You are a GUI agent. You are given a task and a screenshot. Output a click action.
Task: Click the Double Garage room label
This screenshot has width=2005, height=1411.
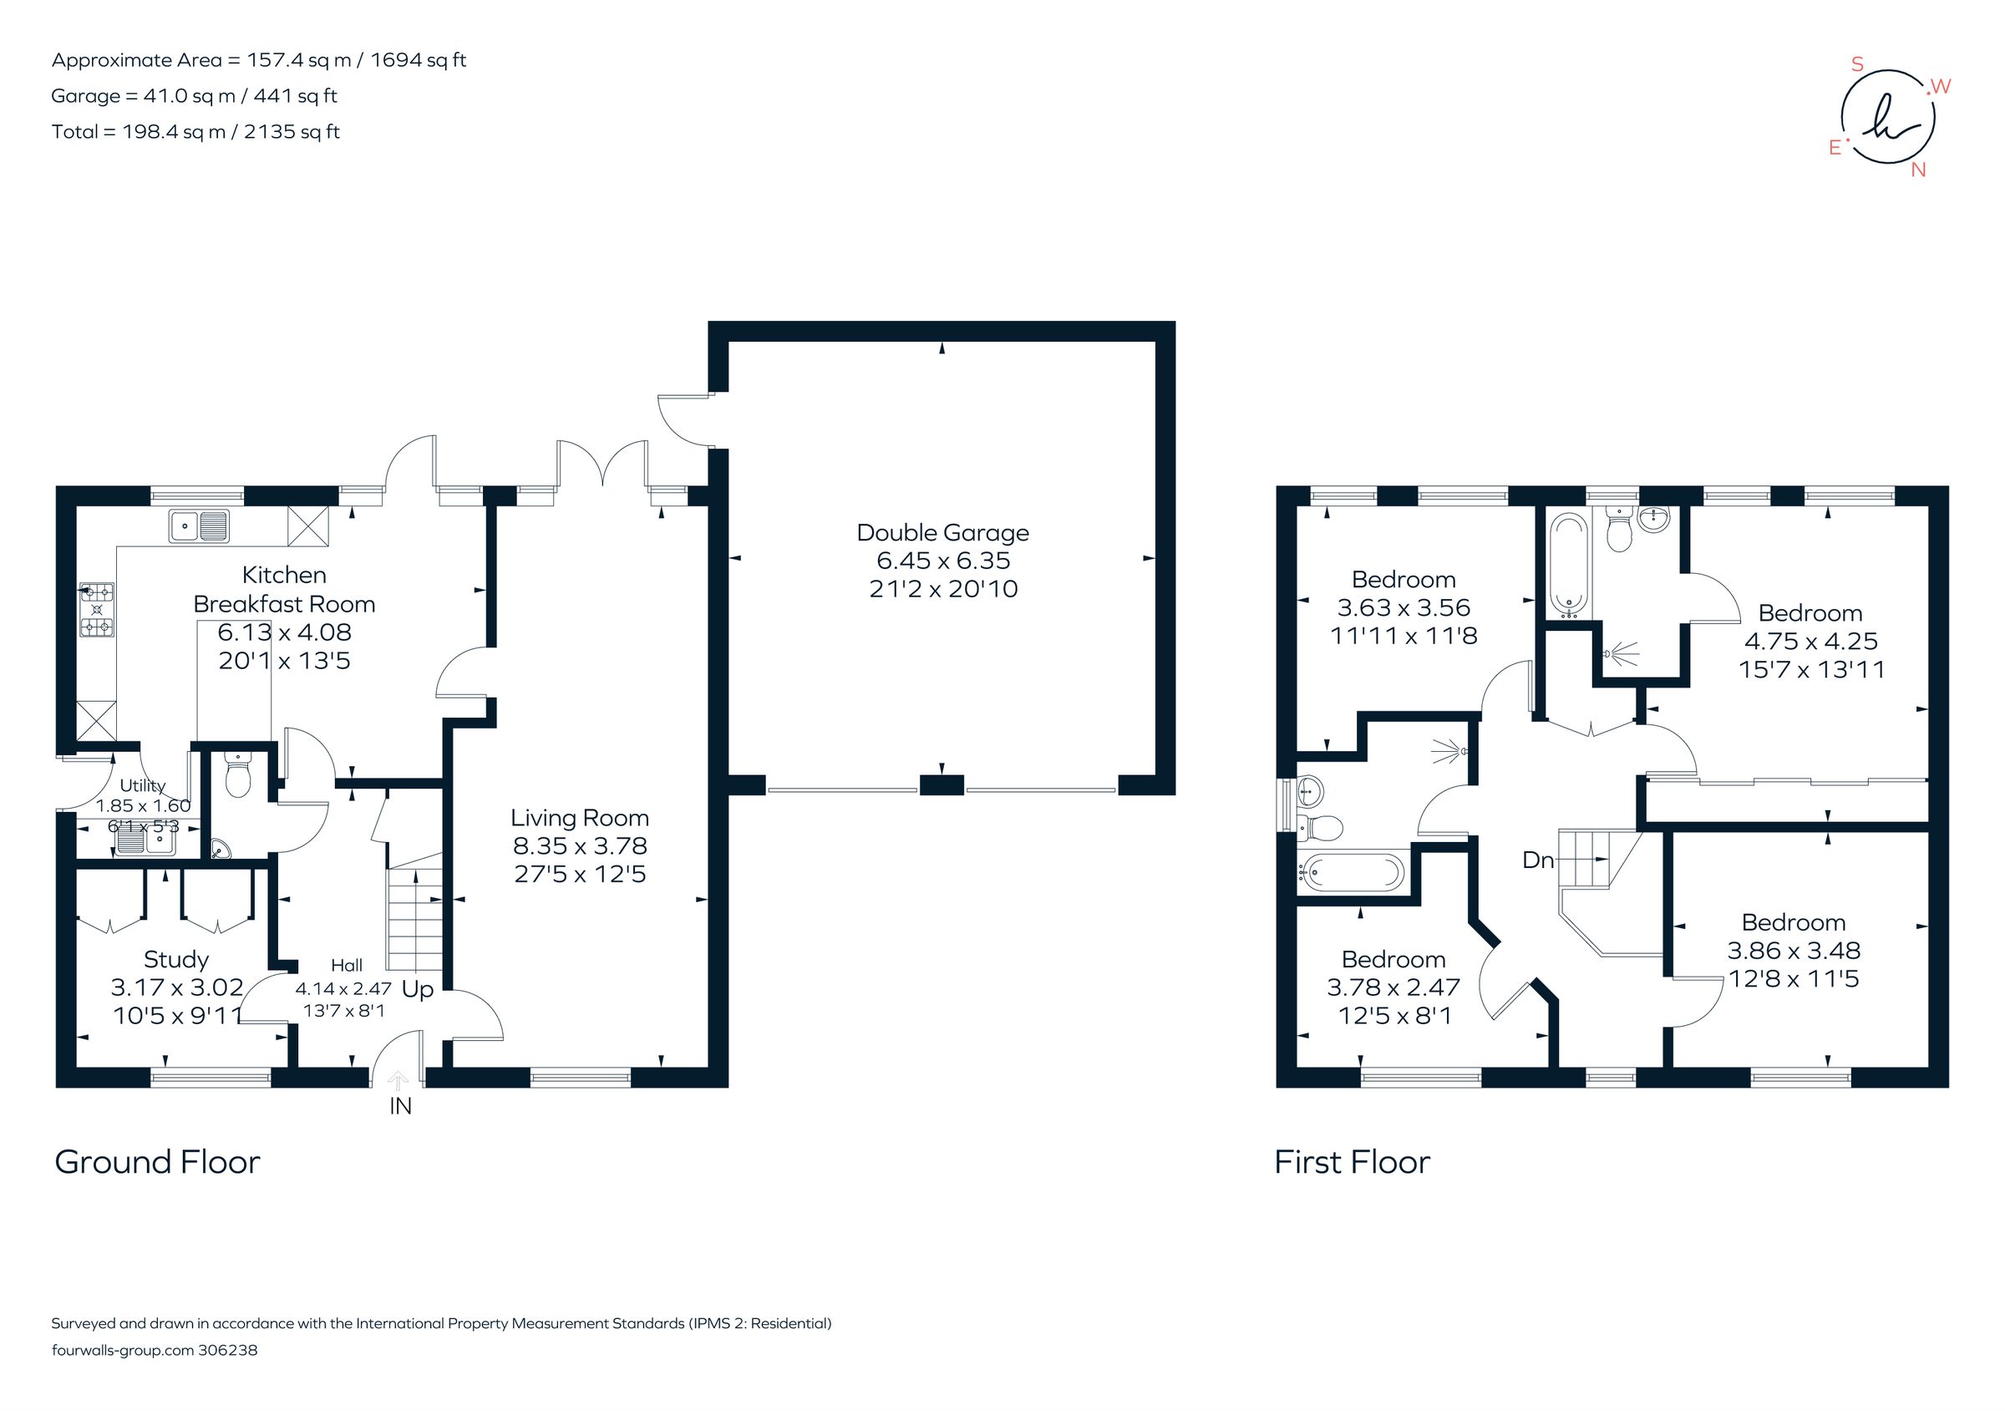(942, 533)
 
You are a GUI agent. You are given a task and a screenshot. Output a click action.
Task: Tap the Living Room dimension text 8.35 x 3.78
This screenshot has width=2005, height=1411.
(580, 845)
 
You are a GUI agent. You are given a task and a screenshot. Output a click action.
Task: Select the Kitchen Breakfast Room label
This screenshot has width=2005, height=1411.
(284, 589)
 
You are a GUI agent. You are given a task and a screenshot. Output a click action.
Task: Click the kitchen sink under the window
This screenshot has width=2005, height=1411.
(200, 526)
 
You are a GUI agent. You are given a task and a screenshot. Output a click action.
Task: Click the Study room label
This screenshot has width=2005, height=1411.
(175, 960)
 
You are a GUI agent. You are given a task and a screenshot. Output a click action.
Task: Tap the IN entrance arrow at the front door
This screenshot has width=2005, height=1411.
(398, 1084)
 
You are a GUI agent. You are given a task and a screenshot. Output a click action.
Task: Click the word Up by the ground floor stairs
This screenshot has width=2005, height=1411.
(418, 990)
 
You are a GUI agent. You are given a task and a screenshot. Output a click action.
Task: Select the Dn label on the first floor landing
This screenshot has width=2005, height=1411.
(1538, 860)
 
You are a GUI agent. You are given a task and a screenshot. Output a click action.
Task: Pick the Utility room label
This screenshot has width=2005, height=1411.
(142, 786)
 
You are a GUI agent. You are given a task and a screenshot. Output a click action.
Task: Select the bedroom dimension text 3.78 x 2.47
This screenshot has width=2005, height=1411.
(1393, 987)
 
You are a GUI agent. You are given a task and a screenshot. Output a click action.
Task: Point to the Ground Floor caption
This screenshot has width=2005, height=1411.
(157, 1162)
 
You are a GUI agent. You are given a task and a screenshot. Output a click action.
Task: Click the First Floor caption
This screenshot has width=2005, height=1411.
(1352, 1162)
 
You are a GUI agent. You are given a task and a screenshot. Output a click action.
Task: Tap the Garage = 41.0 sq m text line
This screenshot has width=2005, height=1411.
(194, 96)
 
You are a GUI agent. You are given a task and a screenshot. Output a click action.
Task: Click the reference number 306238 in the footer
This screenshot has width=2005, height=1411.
(228, 1350)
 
